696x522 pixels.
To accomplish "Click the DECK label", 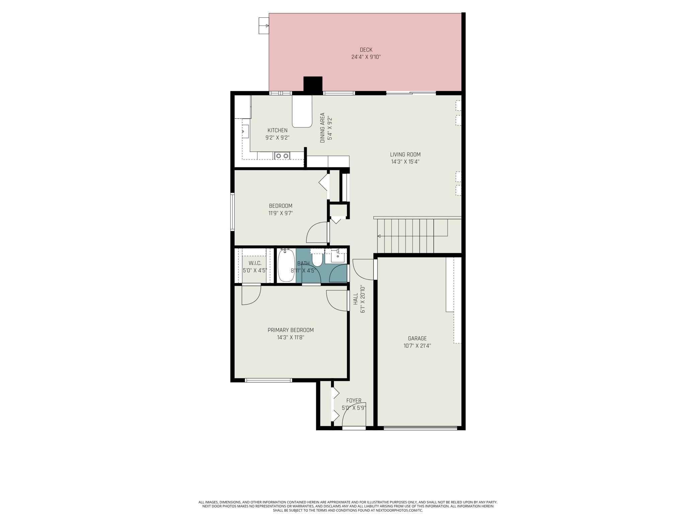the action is click(x=366, y=50).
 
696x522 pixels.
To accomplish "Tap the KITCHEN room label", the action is click(x=277, y=130).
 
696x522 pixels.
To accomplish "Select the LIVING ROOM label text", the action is click(x=405, y=155).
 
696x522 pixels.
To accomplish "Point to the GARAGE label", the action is click(x=417, y=338).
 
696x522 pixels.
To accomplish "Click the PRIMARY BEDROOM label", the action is click(x=290, y=330).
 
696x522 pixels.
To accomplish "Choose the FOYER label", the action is click(x=354, y=401).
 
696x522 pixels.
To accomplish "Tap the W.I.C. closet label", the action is click(x=255, y=263).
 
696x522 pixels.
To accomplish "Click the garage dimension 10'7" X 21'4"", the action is click(x=417, y=346).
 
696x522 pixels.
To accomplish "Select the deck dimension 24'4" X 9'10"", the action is click(x=366, y=57).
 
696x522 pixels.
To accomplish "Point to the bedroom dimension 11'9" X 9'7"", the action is click(x=281, y=213).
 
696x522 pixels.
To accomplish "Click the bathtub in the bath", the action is click(x=286, y=265).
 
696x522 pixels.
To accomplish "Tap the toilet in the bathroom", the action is click(x=317, y=257).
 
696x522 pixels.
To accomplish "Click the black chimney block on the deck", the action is click(x=313, y=84).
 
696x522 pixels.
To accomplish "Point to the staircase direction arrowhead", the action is click(x=379, y=236).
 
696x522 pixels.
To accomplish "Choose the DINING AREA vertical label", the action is click(x=326, y=127).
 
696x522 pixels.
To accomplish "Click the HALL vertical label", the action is click(x=358, y=299).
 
